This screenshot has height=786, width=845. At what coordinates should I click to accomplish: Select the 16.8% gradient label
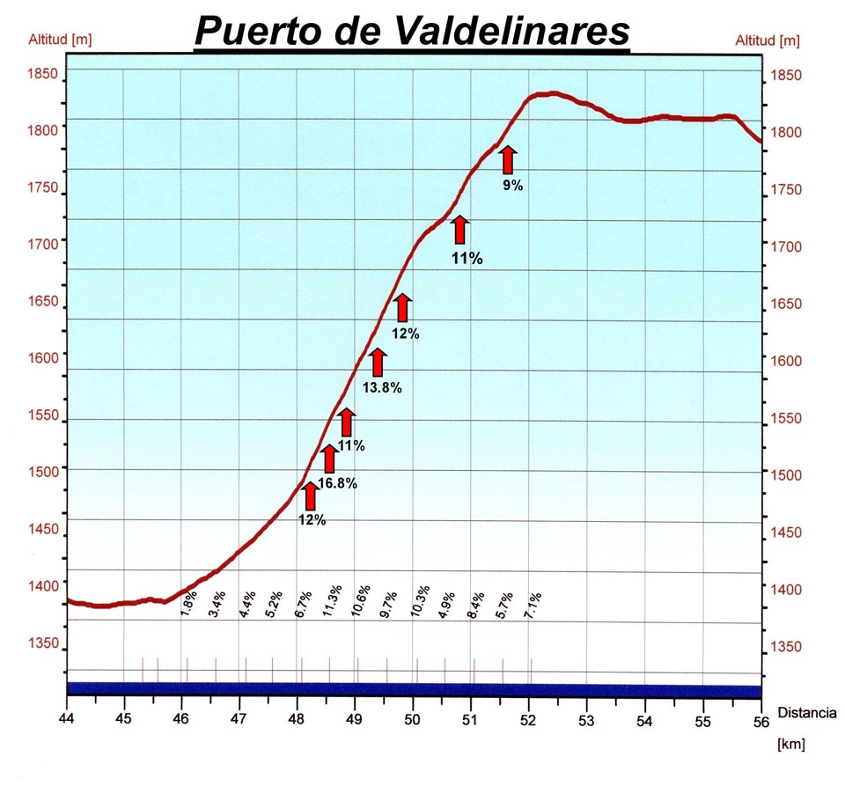(x=337, y=482)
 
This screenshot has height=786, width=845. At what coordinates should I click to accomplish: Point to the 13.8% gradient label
(x=382, y=387)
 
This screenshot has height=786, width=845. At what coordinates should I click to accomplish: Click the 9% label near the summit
(x=512, y=186)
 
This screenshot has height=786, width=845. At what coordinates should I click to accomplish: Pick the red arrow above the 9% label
(x=507, y=161)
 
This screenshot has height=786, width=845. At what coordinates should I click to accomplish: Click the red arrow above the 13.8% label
(x=378, y=362)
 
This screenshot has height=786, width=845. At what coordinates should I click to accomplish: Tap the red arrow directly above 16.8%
(x=329, y=459)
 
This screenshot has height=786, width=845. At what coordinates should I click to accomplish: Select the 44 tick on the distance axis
(x=68, y=720)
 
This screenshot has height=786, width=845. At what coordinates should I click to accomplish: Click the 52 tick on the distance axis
(x=529, y=720)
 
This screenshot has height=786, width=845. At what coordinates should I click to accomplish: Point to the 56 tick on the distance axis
(x=760, y=720)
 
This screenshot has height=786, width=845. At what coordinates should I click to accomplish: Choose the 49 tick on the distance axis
(x=355, y=720)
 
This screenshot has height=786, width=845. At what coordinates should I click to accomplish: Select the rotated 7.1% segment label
(x=533, y=603)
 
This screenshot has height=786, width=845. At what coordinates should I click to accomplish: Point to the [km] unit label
(x=791, y=745)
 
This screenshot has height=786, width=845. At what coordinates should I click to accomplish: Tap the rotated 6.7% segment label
(x=302, y=603)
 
